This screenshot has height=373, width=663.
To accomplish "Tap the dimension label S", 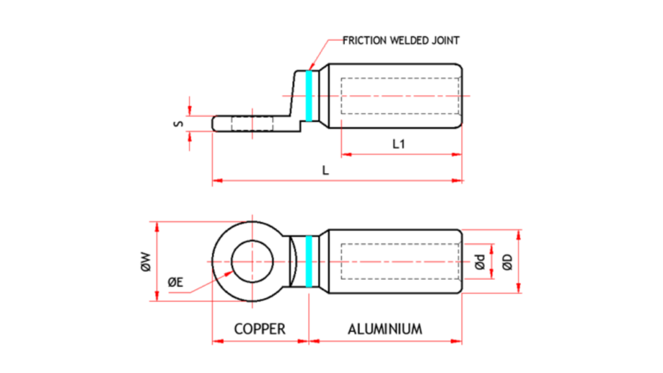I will [x=180, y=122].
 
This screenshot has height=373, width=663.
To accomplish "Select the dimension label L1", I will [x=399, y=144].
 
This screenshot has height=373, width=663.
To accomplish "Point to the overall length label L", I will [x=326, y=171].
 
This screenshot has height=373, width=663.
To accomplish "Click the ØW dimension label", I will [x=146, y=262].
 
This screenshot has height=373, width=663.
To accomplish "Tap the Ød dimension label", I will [x=479, y=262].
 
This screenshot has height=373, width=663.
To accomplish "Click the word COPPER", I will [x=259, y=329].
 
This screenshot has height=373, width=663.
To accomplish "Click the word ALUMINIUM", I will [x=385, y=329].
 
